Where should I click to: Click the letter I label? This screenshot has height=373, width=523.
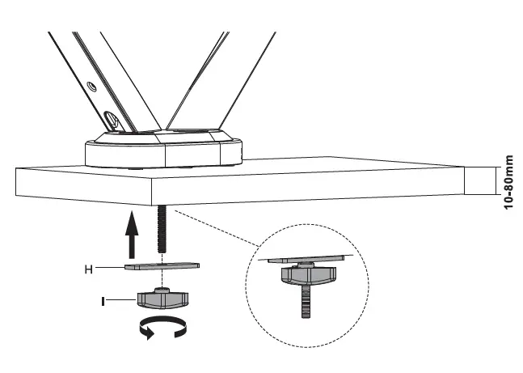(103, 301)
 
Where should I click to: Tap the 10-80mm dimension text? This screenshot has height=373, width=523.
(508, 183)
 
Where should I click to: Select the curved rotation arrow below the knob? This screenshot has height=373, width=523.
(162, 328)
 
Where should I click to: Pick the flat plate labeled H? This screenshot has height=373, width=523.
(162, 265)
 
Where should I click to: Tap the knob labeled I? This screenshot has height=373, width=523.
(162, 299)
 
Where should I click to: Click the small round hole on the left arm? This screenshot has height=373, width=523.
(91, 85)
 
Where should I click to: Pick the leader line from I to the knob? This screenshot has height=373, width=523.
(121, 301)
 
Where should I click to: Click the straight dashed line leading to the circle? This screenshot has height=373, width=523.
(218, 230)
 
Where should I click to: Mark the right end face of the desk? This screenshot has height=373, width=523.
(478, 180)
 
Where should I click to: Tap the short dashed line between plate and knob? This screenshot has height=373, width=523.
(162, 278)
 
